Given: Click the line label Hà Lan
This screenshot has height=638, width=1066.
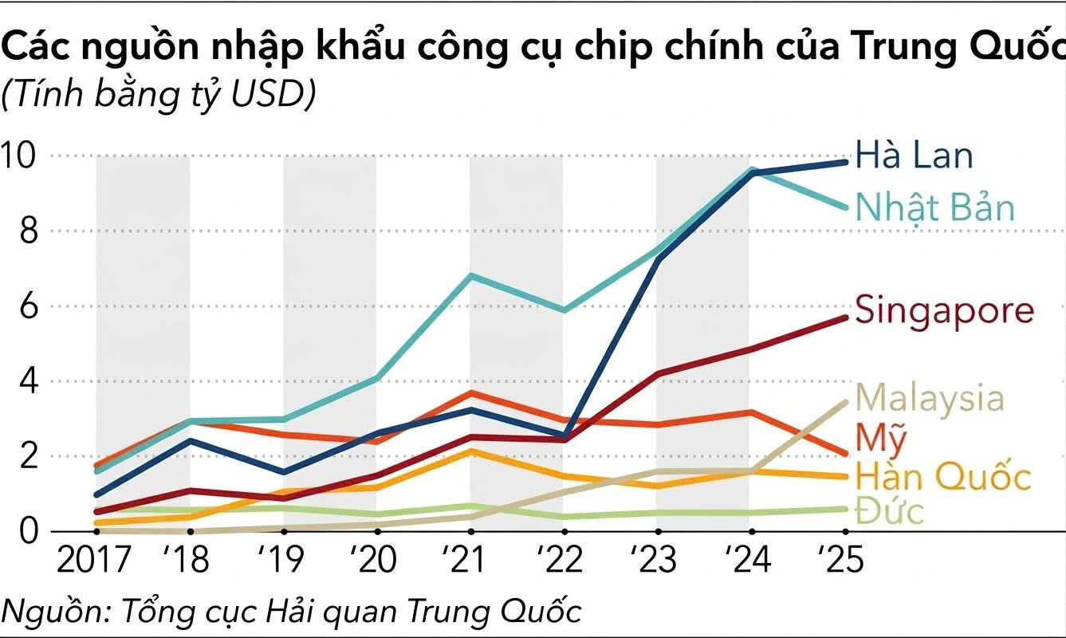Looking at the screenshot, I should (914, 155).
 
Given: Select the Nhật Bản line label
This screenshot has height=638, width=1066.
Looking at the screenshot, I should (934, 207).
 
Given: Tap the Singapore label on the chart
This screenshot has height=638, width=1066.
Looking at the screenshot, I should (944, 309).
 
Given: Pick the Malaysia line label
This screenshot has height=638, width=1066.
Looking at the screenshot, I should (930, 397).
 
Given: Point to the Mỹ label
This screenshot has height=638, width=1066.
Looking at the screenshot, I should (880, 437).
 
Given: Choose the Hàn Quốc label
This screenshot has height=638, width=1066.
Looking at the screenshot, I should (943, 476).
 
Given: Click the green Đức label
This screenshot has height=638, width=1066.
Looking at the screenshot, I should (890, 510).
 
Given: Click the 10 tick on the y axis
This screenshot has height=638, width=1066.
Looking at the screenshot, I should (22, 156).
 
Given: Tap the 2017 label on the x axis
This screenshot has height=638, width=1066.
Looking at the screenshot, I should (93, 560).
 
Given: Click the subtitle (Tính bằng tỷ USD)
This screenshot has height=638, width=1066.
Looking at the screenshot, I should (159, 95).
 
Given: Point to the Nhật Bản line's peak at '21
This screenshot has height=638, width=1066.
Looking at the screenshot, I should (472, 276).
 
